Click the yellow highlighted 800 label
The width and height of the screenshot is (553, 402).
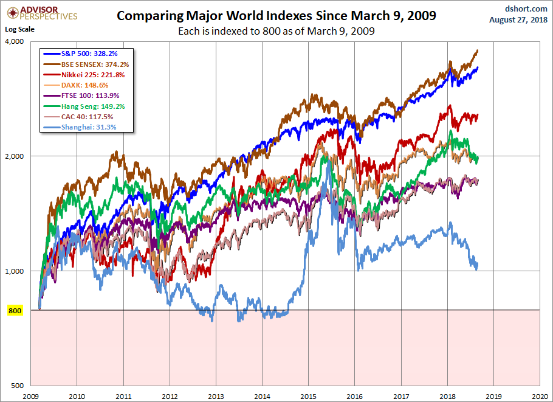pyautogui.click(x=15, y=310)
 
